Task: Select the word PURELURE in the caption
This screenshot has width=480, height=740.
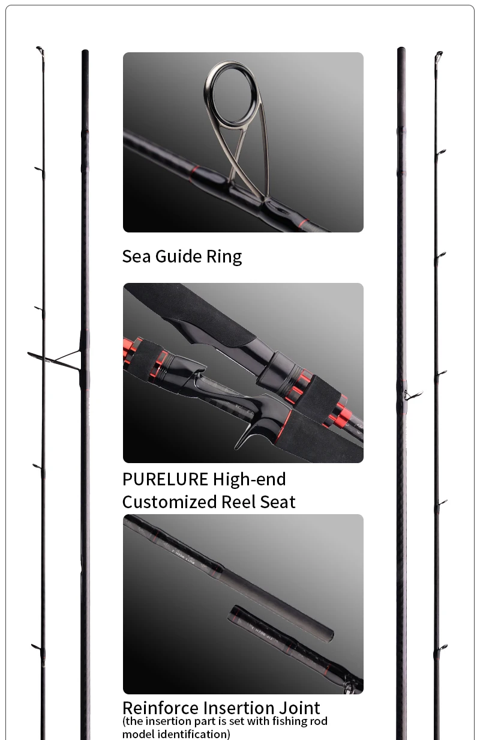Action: (165, 479)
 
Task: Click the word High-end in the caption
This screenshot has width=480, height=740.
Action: (250, 479)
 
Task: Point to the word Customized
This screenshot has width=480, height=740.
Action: (170, 502)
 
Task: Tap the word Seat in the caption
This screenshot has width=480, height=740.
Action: (278, 502)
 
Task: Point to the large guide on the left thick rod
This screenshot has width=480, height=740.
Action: (55, 360)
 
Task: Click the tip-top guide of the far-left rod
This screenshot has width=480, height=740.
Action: (40, 50)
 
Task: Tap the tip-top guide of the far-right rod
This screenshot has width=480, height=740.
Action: (439, 56)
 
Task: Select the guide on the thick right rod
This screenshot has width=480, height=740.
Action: (412, 394)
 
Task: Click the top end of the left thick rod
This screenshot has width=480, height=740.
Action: (85, 50)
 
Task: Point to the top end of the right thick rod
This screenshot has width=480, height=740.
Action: (401, 49)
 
